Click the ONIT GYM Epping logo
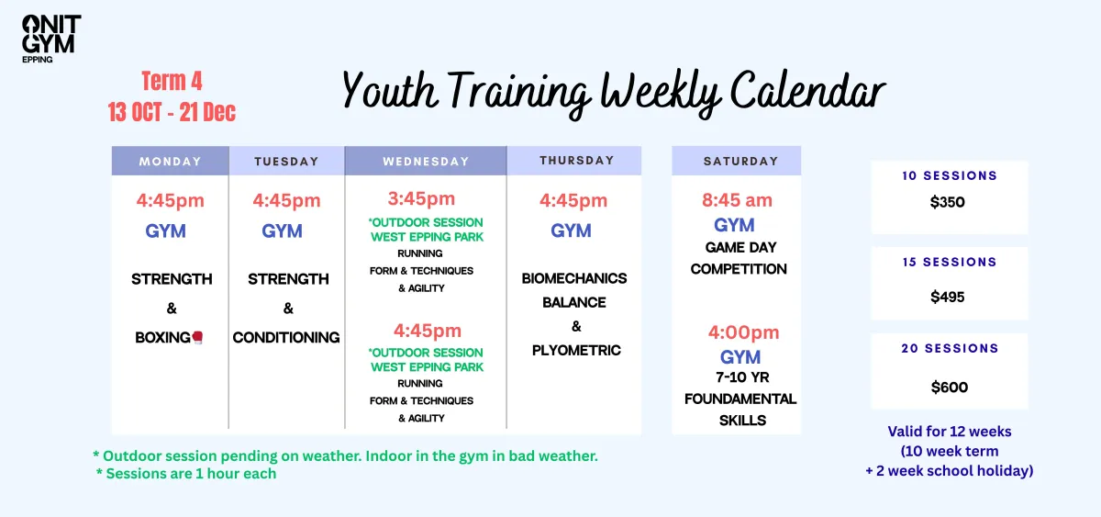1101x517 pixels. pyautogui.click(x=51, y=39)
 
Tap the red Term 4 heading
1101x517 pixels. pyautogui.click(x=172, y=81)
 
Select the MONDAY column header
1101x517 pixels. pyautogui.click(x=170, y=161)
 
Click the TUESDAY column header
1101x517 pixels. pyautogui.click(x=286, y=161)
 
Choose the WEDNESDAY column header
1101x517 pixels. pyautogui.click(x=426, y=161)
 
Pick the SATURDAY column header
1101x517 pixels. pyautogui.click(x=736, y=161)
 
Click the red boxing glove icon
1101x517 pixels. pyautogui.click(x=197, y=337)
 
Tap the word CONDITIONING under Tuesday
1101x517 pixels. pyautogui.click(x=286, y=337)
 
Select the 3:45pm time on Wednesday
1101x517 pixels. pyautogui.click(x=421, y=198)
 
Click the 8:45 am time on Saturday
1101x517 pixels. pyautogui.click(x=737, y=200)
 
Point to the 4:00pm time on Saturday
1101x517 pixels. pyautogui.click(x=743, y=332)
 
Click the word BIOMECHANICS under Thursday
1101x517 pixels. pyautogui.click(x=574, y=278)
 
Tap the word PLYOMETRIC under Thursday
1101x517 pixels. pyautogui.click(x=576, y=350)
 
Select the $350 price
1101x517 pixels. pyautogui.click(x=947, y=202)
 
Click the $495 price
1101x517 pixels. pyautogui.click(x=947, y=298)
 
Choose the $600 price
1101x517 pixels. pyautogui.click(x=949, y=388)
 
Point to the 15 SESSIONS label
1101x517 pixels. pyautogui.click(x=949, y=263)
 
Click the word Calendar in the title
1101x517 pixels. pyautogui.click(x=807, y=91)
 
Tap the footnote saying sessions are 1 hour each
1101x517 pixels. pyautogui.click(x=186, y=474)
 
